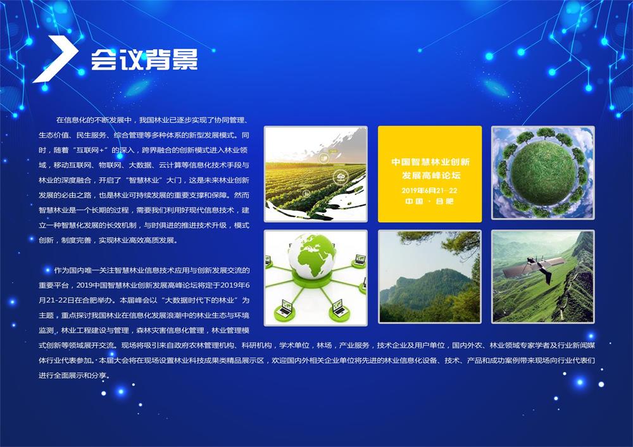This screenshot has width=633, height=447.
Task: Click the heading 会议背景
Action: click(144, 60)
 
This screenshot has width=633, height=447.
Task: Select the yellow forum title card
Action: click(430, 173)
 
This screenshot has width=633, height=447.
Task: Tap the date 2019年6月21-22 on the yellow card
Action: click(429, 191)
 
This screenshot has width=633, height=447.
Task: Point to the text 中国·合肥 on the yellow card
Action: click(429, 201)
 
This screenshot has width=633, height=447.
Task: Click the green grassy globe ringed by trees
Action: click(543, 172)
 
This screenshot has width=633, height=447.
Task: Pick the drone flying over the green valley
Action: click(534, 267)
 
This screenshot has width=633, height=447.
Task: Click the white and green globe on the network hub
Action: click(311, 256)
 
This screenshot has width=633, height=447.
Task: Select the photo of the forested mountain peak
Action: click(430, 277)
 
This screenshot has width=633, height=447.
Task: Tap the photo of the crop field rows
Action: click(316, 173)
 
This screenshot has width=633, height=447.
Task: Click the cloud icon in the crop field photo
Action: click(341, 177)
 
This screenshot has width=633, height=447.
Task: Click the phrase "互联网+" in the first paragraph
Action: click(92, 150)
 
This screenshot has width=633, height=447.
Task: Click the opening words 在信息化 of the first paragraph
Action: click(72, 120)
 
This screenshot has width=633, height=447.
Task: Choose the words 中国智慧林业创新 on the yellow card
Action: click(430, 162)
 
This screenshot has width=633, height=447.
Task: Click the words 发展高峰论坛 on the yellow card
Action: click(430, 175)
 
